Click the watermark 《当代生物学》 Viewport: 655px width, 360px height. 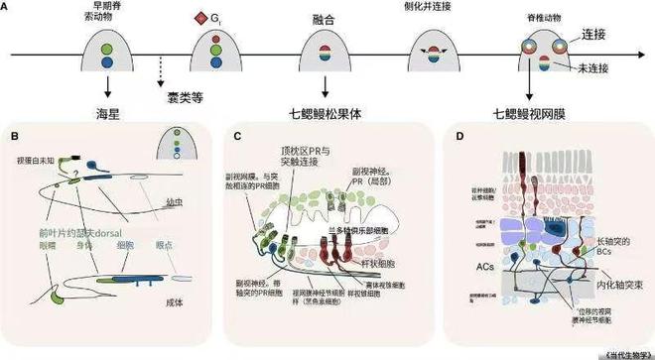coord(617,350)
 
